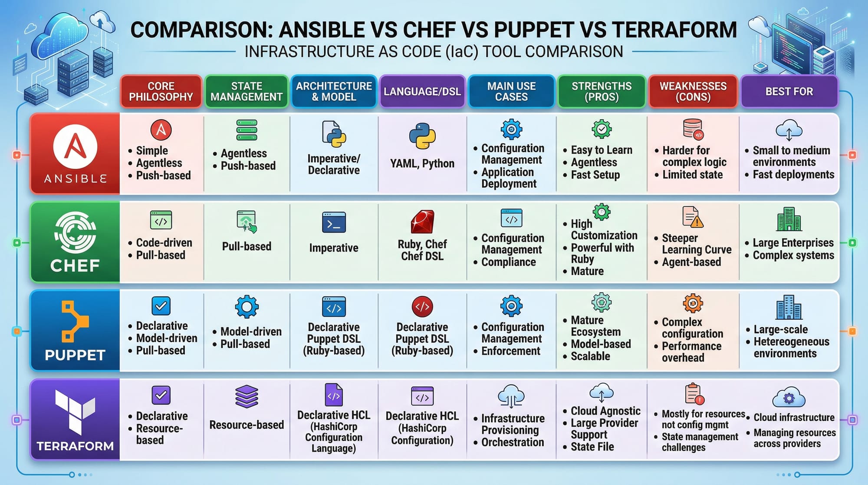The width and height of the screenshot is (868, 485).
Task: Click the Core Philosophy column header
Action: point(161,91)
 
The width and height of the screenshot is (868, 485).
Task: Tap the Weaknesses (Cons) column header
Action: point(693,91)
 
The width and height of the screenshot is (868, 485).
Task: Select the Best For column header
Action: point(789,91)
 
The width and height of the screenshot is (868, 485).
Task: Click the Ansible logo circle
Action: point(75,147)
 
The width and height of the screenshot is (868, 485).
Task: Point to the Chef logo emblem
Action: point(75,233)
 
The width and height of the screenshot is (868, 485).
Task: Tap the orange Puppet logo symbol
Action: point(75,321)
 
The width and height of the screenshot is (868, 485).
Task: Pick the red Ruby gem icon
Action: point(422,222)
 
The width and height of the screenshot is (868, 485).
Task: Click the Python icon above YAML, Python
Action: point(422,136)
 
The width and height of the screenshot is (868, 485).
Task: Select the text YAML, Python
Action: point(422,163)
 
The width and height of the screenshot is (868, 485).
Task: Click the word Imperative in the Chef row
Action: point(334,248)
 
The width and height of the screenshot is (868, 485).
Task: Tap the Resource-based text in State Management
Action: point(247,425)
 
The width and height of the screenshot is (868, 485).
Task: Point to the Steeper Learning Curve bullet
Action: point(693,244)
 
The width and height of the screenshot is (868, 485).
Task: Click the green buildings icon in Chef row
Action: point(789,219)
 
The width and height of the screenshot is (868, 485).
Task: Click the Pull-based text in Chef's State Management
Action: point(247,246)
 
